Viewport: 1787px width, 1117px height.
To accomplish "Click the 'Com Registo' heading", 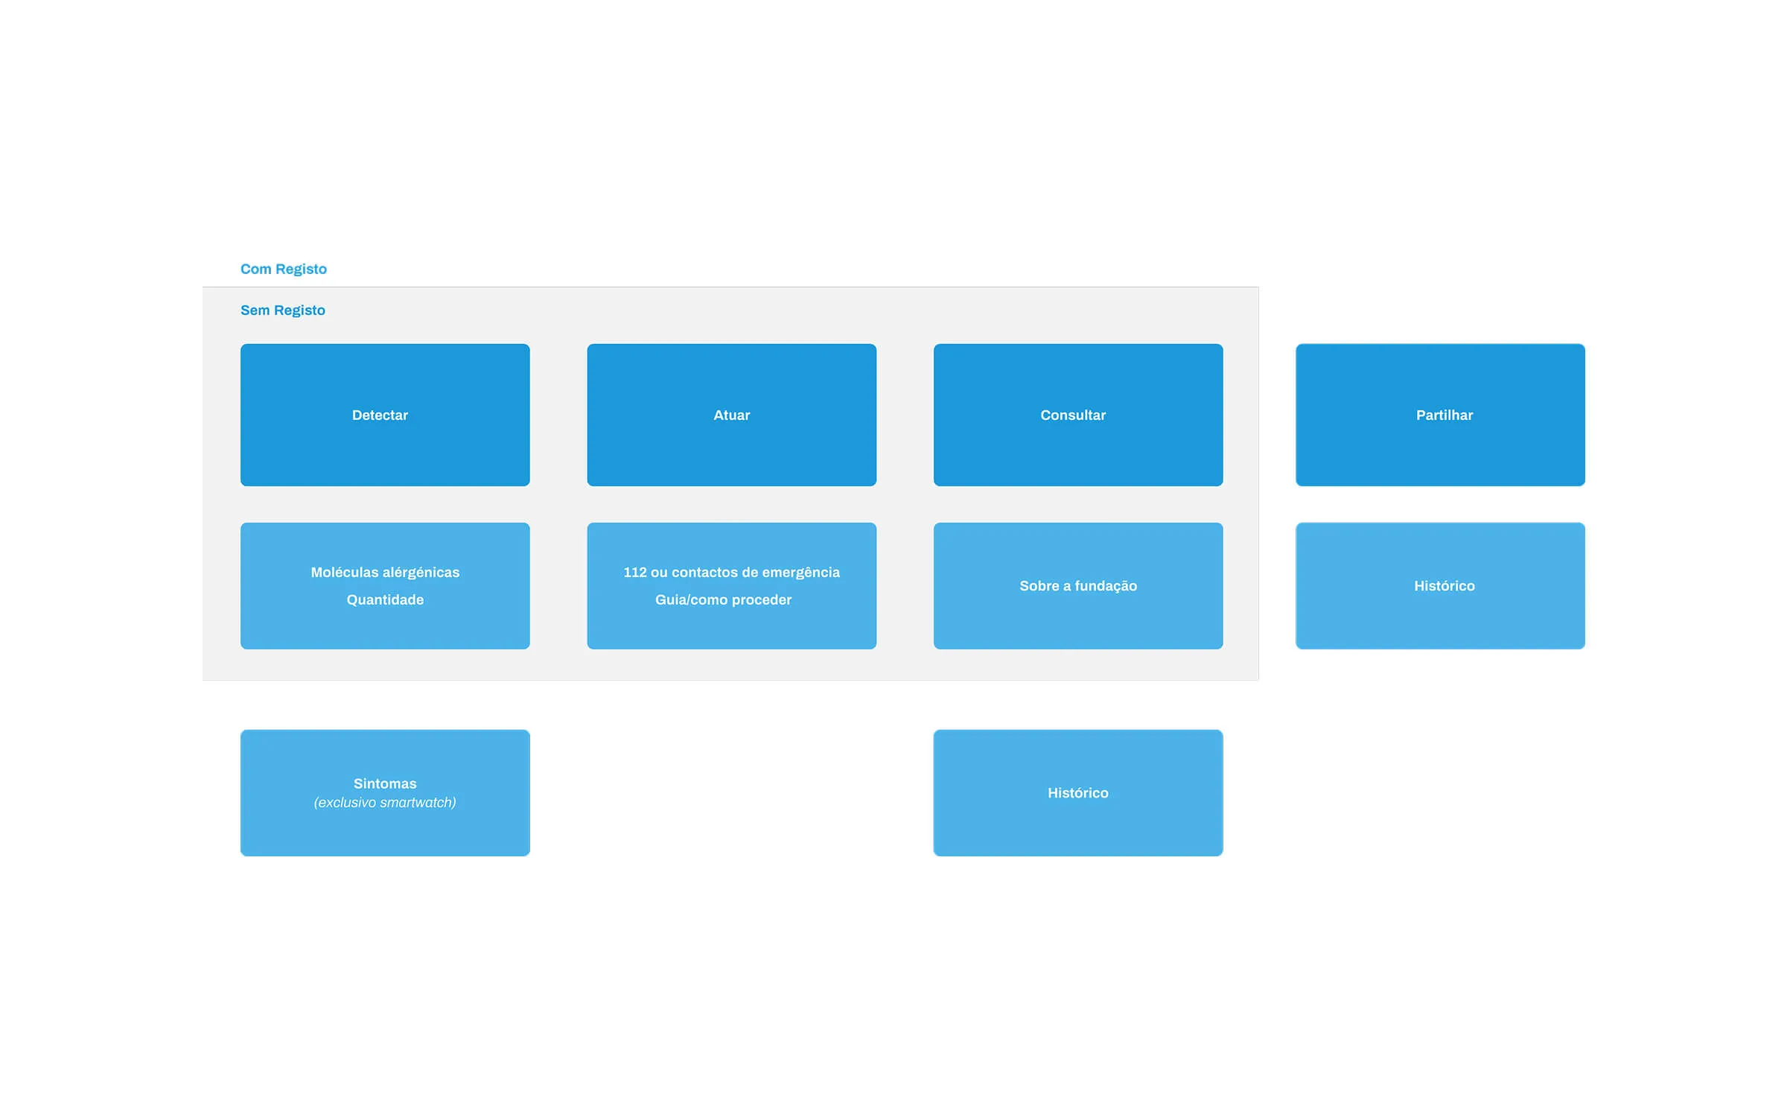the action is pos(283,269).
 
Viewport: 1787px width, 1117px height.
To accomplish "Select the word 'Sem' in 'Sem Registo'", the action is pos(255,310).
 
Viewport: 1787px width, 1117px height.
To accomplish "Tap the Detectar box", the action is pos(385,415).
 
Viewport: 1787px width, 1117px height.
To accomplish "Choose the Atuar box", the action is pos(731,415).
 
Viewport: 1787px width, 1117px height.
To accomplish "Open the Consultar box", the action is pos(1078,415).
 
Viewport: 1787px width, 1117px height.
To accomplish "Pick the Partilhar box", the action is pos(1440,415).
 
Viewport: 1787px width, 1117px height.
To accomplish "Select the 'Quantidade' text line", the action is pos(385,599).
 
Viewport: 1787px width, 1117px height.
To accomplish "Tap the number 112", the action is pos(635,572).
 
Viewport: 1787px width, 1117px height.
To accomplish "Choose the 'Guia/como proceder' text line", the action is pos(723,599).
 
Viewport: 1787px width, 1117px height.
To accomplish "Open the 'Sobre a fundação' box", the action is pos(1078,586).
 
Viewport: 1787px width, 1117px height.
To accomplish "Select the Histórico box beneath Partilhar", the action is pos(1440,586).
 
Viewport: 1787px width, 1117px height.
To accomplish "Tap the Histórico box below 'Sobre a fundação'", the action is pos(1078,793).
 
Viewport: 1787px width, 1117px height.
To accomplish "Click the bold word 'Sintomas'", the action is pos(385,783).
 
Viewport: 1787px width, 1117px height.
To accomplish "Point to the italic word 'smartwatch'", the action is pos(416,802).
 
